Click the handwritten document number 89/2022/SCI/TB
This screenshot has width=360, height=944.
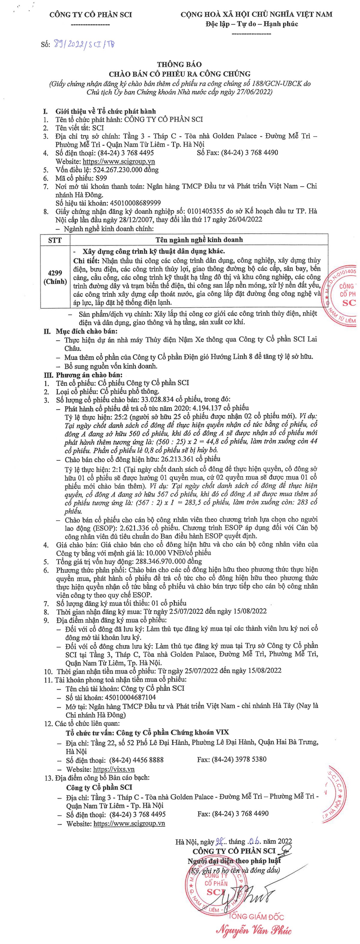click(84, 44)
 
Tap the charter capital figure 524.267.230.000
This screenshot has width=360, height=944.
click(120, 170)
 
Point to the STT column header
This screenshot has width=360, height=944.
click(55, 240)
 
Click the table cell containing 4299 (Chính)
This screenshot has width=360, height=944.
click(55, 277)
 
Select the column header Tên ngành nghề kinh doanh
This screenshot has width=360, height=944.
click(199, 240)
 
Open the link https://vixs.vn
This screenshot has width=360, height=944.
click(114, 769)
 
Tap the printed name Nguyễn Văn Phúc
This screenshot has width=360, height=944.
click(254, 929)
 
